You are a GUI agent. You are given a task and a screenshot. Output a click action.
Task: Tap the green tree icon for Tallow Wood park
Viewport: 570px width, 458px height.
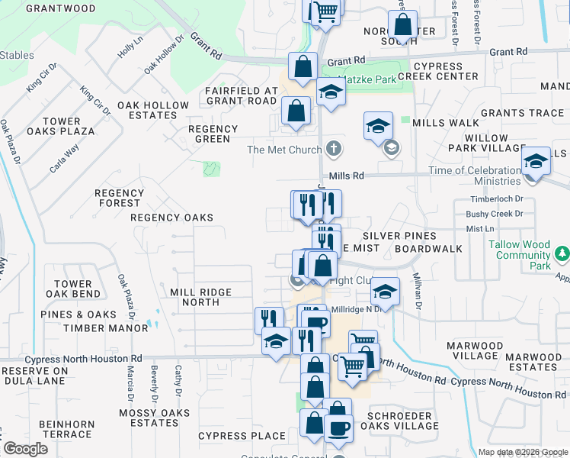pyautogui.click(x=562, y=252)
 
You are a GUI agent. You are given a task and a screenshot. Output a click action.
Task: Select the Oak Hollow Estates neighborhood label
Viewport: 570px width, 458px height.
pyautogui.click(x=152, y=110)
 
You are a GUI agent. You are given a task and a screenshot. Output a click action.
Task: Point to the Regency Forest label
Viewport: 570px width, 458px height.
pyautogui.click(x=118, y=198)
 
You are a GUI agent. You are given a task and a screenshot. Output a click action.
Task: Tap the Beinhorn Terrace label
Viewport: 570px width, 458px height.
pyautogui.click(x=68, y=429)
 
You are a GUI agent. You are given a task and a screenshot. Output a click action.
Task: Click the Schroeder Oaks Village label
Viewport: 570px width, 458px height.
pyautogui.click(x=400, y=421)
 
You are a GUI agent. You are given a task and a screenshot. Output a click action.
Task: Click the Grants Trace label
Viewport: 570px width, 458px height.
pyautogui.click(x=522, y=113)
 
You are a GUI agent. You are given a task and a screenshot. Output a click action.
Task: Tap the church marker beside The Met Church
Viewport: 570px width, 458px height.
pyautogui.click(x=332, y=148)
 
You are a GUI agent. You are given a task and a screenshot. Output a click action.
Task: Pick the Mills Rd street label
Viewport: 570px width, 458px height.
pyautogui.click(x=353, y=176)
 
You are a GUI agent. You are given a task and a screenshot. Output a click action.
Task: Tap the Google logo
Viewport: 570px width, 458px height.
pyautogui.click(x=24, y=450)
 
